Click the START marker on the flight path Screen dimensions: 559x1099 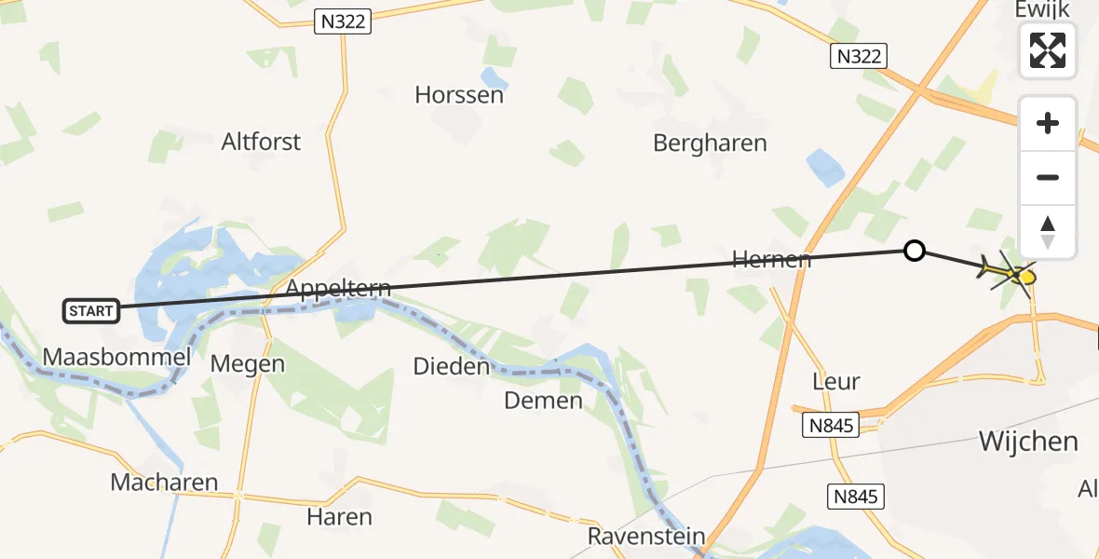91,311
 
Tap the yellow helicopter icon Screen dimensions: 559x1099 1010,274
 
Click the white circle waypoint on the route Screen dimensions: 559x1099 915,250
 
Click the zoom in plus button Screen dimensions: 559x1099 1048,123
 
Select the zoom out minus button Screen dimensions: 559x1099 1048,177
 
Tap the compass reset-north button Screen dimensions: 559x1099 1048,232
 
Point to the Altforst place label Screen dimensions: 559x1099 261,142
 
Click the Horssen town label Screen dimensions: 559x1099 459,94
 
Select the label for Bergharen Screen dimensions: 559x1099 710,143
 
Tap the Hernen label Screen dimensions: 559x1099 771,259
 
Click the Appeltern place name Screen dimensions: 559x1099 338,287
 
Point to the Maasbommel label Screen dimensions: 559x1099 116,356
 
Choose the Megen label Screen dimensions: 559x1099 248,363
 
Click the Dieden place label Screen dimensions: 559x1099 452,366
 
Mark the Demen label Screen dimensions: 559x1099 543,401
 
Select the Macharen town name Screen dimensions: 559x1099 164,482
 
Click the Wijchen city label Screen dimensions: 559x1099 1028,441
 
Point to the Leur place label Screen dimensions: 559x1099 835,381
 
